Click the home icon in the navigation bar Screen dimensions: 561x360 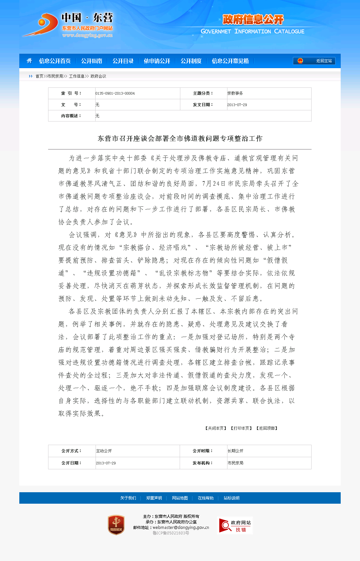pos(29,61)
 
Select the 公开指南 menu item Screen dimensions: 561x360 pos(92,61)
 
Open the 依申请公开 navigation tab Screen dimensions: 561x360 pos(157,61)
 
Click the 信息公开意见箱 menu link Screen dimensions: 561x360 pos(230,61)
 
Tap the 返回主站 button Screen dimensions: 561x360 pos(314,61)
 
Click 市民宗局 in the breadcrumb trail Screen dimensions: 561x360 pos(55,76)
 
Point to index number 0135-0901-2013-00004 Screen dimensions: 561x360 pos(115,93)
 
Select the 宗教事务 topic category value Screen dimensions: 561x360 pos(235,93)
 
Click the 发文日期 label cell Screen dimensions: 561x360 pos(203,105)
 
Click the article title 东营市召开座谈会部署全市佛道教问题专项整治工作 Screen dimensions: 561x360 pos(180,139)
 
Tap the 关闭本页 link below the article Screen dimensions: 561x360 pos(216,428)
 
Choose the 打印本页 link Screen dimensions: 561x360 pos(241,428)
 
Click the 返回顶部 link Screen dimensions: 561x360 pos(267,428)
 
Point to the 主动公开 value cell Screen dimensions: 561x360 pos(104,451)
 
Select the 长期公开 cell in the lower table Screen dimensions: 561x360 pos(236,451)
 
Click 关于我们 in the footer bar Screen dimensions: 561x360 pos(128,498)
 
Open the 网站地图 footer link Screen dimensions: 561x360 pos(180,498)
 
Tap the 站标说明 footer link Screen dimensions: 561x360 pos(231,498)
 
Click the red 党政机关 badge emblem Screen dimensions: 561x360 pos(116,525)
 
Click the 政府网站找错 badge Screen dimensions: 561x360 pos(235,525)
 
